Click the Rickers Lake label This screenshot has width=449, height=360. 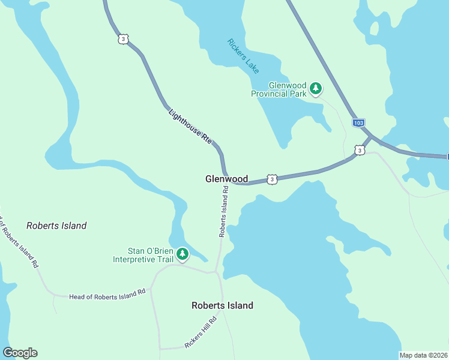point(244,56)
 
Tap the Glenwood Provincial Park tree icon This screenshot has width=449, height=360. point(316,90)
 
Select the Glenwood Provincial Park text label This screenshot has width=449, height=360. point(279,90)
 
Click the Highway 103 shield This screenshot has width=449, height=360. point(358,123)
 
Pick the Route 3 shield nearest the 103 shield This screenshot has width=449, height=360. point(358,150)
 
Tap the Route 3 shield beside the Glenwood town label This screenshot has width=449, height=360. point(272,179)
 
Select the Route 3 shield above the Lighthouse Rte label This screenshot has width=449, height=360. point(123,39)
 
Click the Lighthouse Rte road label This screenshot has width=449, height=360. point(191,127)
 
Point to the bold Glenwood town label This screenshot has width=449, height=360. point(226,179)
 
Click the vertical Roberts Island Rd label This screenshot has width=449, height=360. point(223,211)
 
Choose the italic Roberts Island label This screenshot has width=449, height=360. point(56,226)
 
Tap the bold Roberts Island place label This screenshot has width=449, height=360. point(222,305)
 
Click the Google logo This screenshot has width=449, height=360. point(20,353)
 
